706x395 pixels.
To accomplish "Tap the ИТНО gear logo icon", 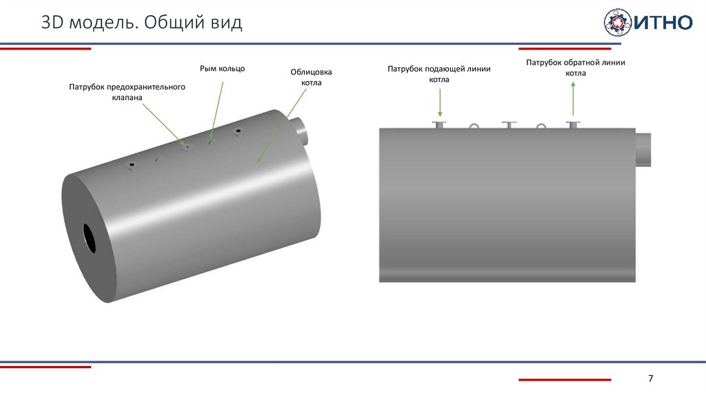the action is point(617,22).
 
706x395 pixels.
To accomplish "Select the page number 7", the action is point(650,379).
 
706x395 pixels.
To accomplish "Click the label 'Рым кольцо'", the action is point(222,68).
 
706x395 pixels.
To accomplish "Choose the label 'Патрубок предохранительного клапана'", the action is point(128,92).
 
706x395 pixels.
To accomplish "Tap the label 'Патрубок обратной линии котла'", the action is point(576,67).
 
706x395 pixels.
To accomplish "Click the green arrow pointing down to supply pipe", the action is point(439,103).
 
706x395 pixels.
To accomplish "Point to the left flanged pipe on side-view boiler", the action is point(439,125).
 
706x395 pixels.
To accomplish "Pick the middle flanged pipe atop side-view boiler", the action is point(509,125).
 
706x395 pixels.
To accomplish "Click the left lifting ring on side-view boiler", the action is point(474,126).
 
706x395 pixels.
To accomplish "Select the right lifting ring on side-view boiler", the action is point(541,126).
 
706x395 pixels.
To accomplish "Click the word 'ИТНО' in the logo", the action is point(663,23).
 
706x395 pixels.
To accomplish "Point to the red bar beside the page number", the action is point(565,379).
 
